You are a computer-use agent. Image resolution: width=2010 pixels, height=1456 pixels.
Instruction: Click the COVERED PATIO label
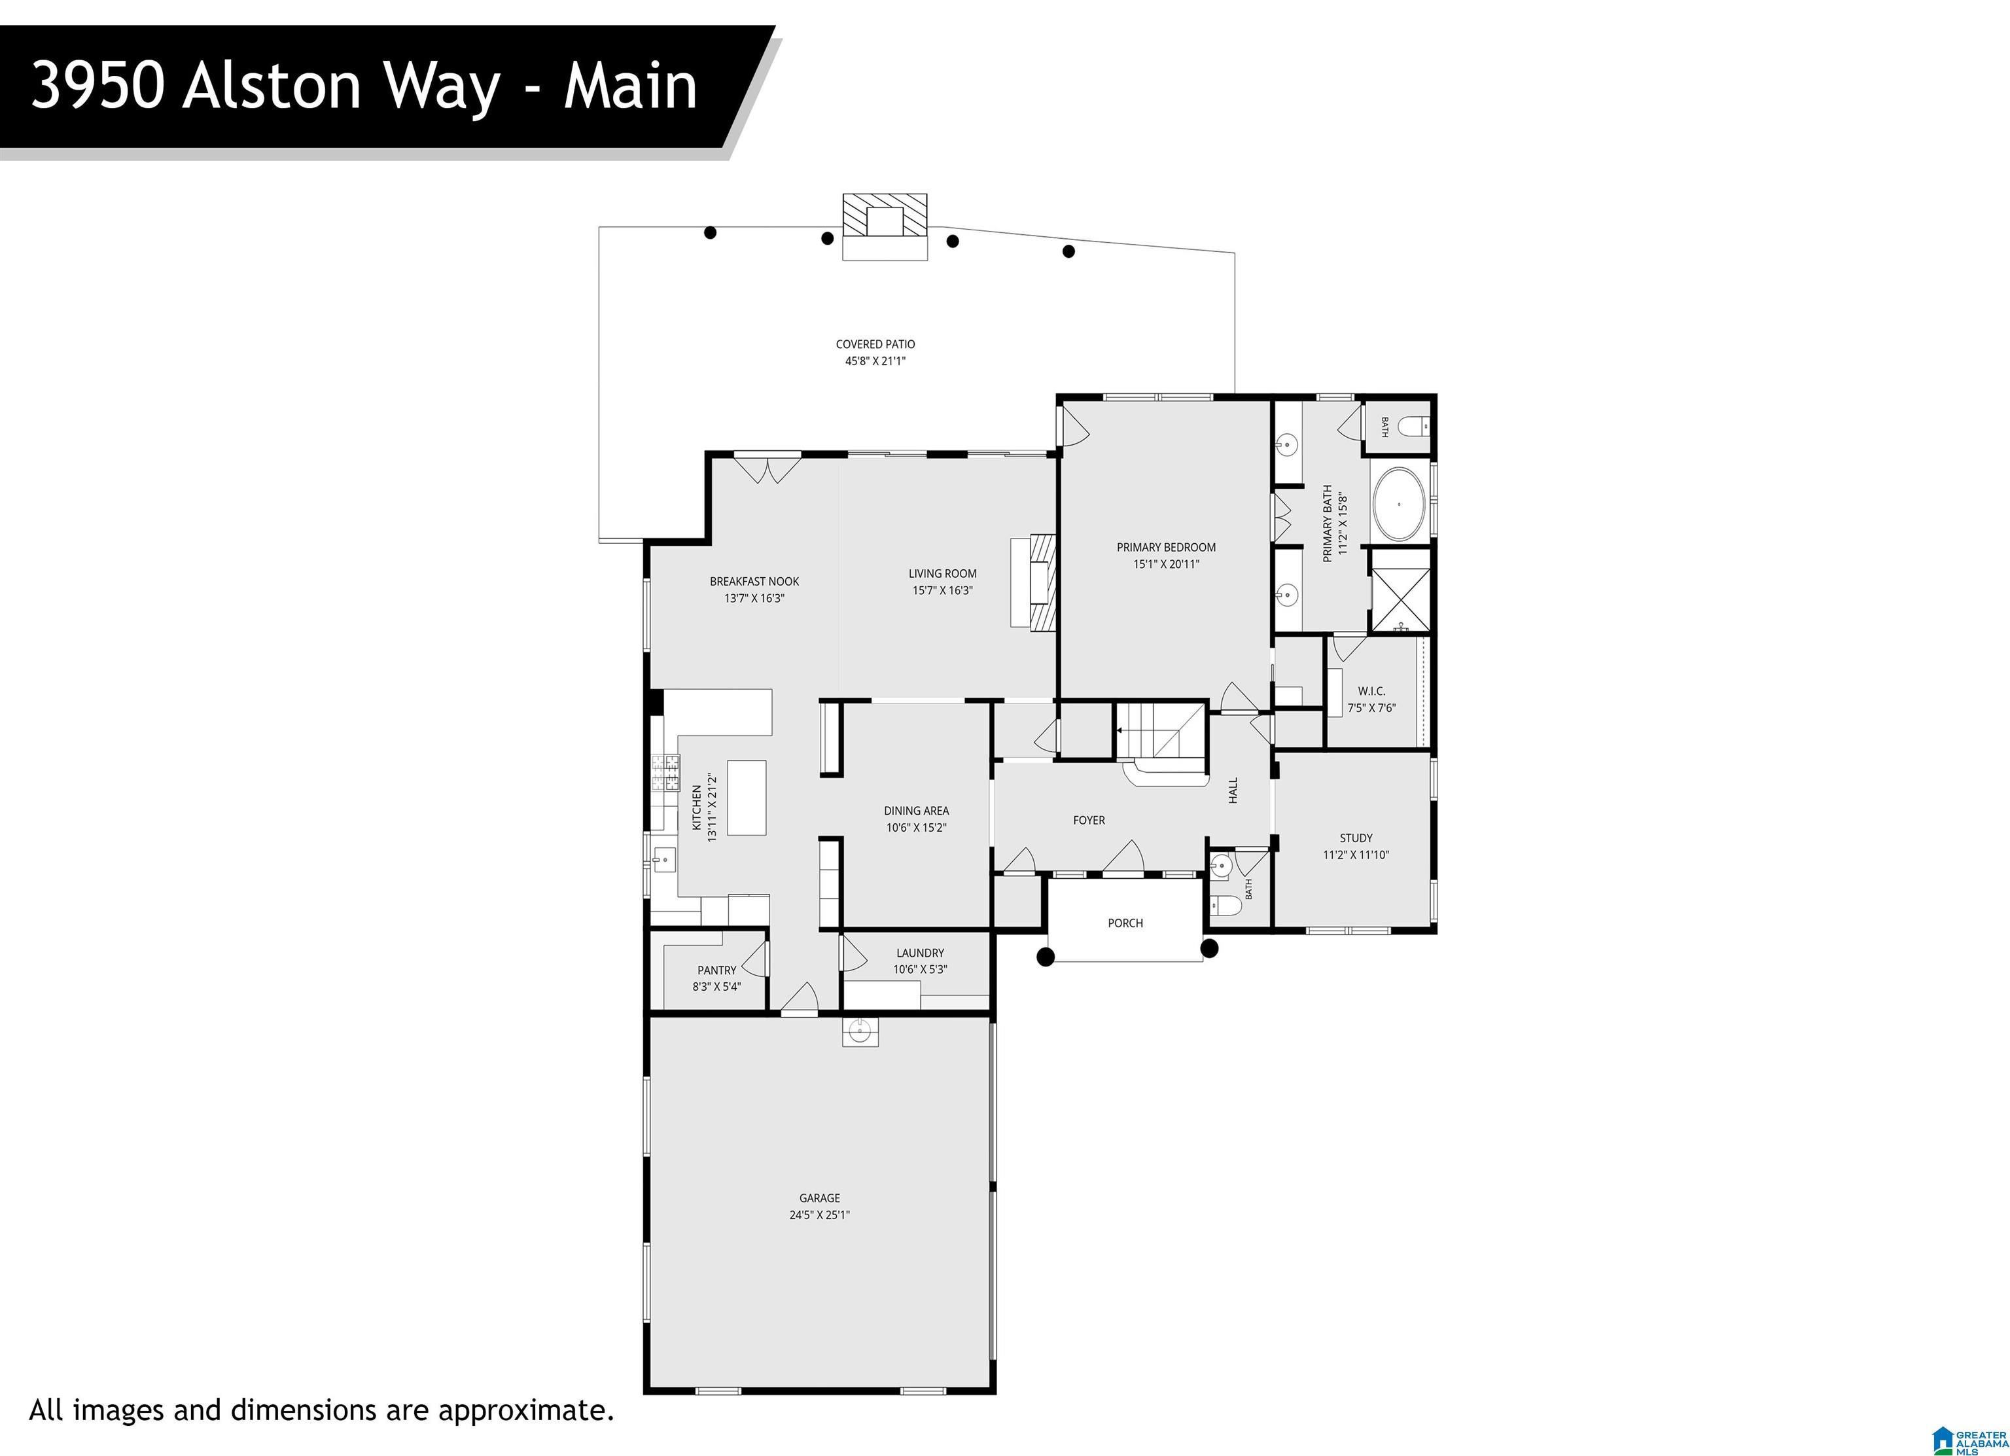pos(875,344)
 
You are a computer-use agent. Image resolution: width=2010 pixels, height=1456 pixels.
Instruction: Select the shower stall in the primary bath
pos(1400,590)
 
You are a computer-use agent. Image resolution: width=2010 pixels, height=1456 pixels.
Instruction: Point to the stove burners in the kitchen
pos(665,772)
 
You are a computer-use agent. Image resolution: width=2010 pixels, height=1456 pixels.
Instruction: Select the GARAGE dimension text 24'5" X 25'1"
pos(820,1215)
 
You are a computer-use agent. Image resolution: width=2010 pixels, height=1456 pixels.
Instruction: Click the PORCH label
pos(1125,923)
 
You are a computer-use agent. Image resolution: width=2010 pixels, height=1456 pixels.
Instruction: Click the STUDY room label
pos(1356,838)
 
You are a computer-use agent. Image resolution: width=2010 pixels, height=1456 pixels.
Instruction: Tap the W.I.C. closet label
pos(1371,690)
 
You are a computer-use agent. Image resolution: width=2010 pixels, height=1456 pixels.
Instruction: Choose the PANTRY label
pos(716,970)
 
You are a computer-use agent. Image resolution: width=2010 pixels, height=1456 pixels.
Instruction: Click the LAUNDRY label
pos(920,953)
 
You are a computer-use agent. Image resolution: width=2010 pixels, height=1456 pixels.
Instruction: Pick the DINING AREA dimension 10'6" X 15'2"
pos(917,828)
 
